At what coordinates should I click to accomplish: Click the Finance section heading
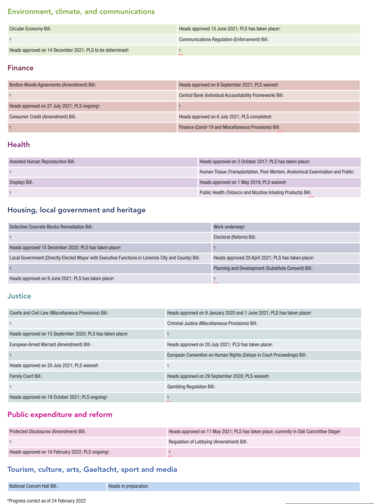click(20, 68)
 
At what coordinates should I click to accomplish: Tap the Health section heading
click(19, 145)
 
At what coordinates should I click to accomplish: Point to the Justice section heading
click(19, 296)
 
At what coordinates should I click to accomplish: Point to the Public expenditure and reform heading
click(60, 415)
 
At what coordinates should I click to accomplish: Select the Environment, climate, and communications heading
click(81, 12)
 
